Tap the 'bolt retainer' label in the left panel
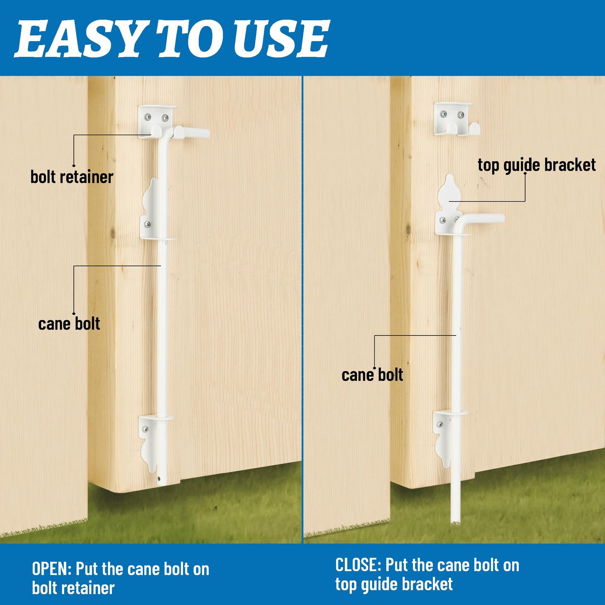tap(72, 177)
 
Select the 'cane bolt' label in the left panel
tap(69, 324)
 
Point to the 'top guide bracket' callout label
tap(536, 165)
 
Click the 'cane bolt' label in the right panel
tap(372, 375)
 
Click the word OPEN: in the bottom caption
tap(52, 569)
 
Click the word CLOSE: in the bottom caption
tap(358, 565)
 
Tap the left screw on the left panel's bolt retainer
tap(148, 117)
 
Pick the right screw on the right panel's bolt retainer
tap(461, 115)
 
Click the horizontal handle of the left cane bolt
tap(191, 132)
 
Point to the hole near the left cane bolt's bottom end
tap(159, 479)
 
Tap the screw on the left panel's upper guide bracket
tap(148, 224)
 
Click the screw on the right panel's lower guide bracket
tap(440, 424)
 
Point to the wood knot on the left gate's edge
tap(113, 233)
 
